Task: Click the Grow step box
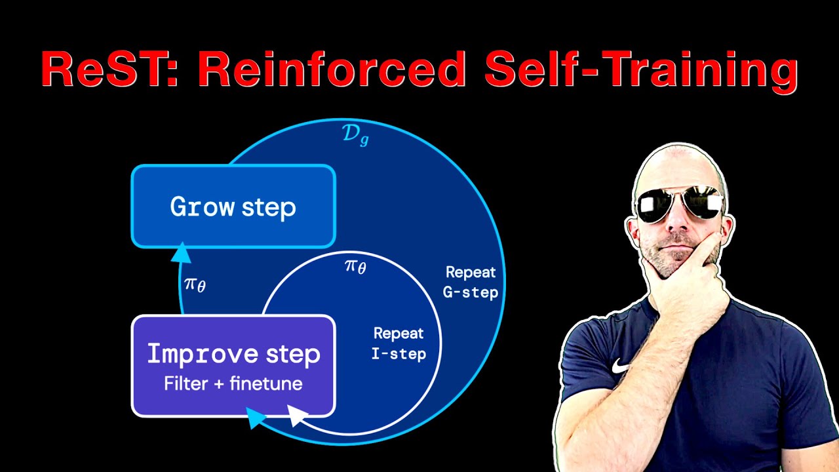point(233,206)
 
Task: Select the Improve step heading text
point(233,354)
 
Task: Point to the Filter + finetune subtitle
point(233,383)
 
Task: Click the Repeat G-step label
point(471,282)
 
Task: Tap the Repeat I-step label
point(399,344)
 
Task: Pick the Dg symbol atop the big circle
point(355,134)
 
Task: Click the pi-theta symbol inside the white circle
point(355,266)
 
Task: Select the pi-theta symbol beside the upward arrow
point(195,285)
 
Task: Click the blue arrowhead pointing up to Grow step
point(181,252)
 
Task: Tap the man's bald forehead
point(675,170)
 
